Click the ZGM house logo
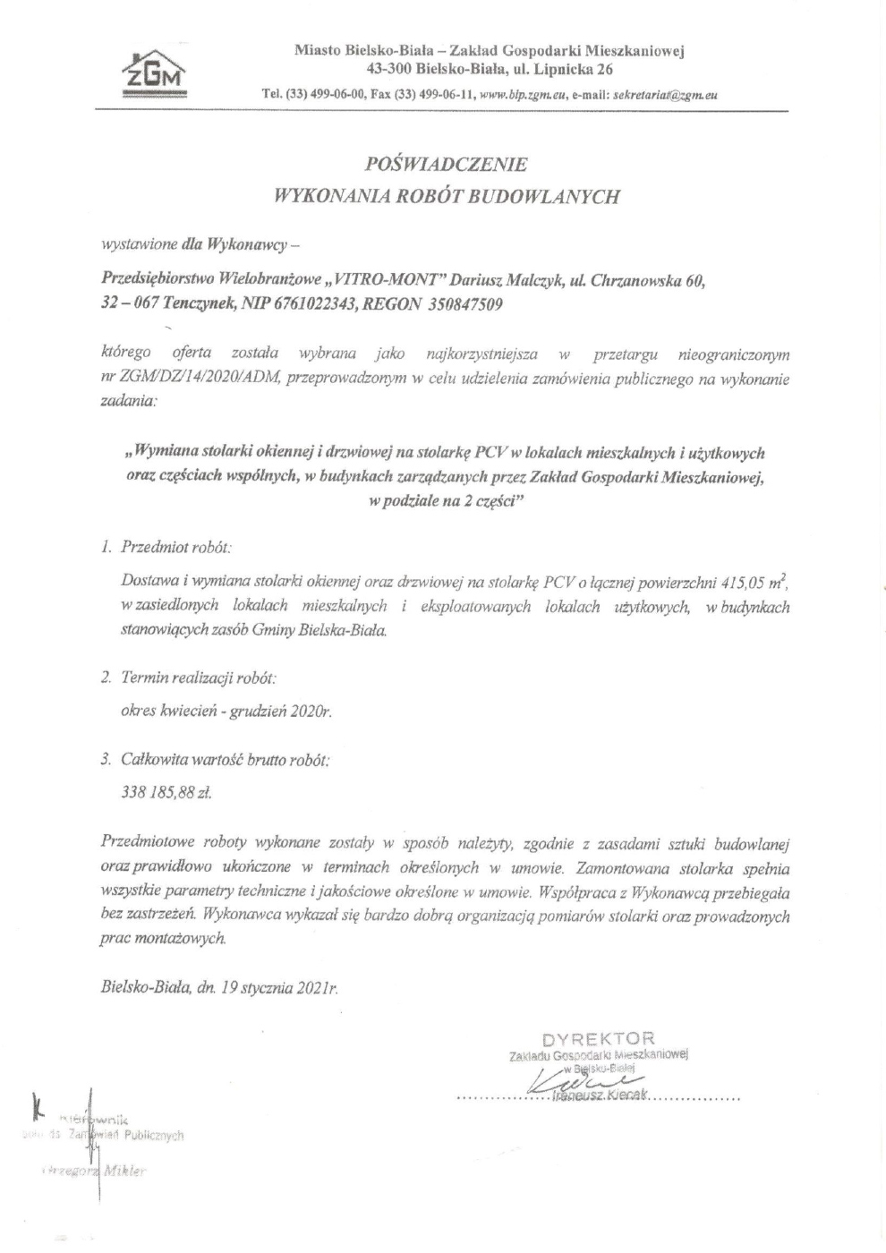156,72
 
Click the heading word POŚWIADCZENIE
447,165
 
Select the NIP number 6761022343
312,303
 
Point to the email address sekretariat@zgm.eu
667,94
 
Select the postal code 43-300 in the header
390,68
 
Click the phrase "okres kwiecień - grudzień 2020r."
226,712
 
